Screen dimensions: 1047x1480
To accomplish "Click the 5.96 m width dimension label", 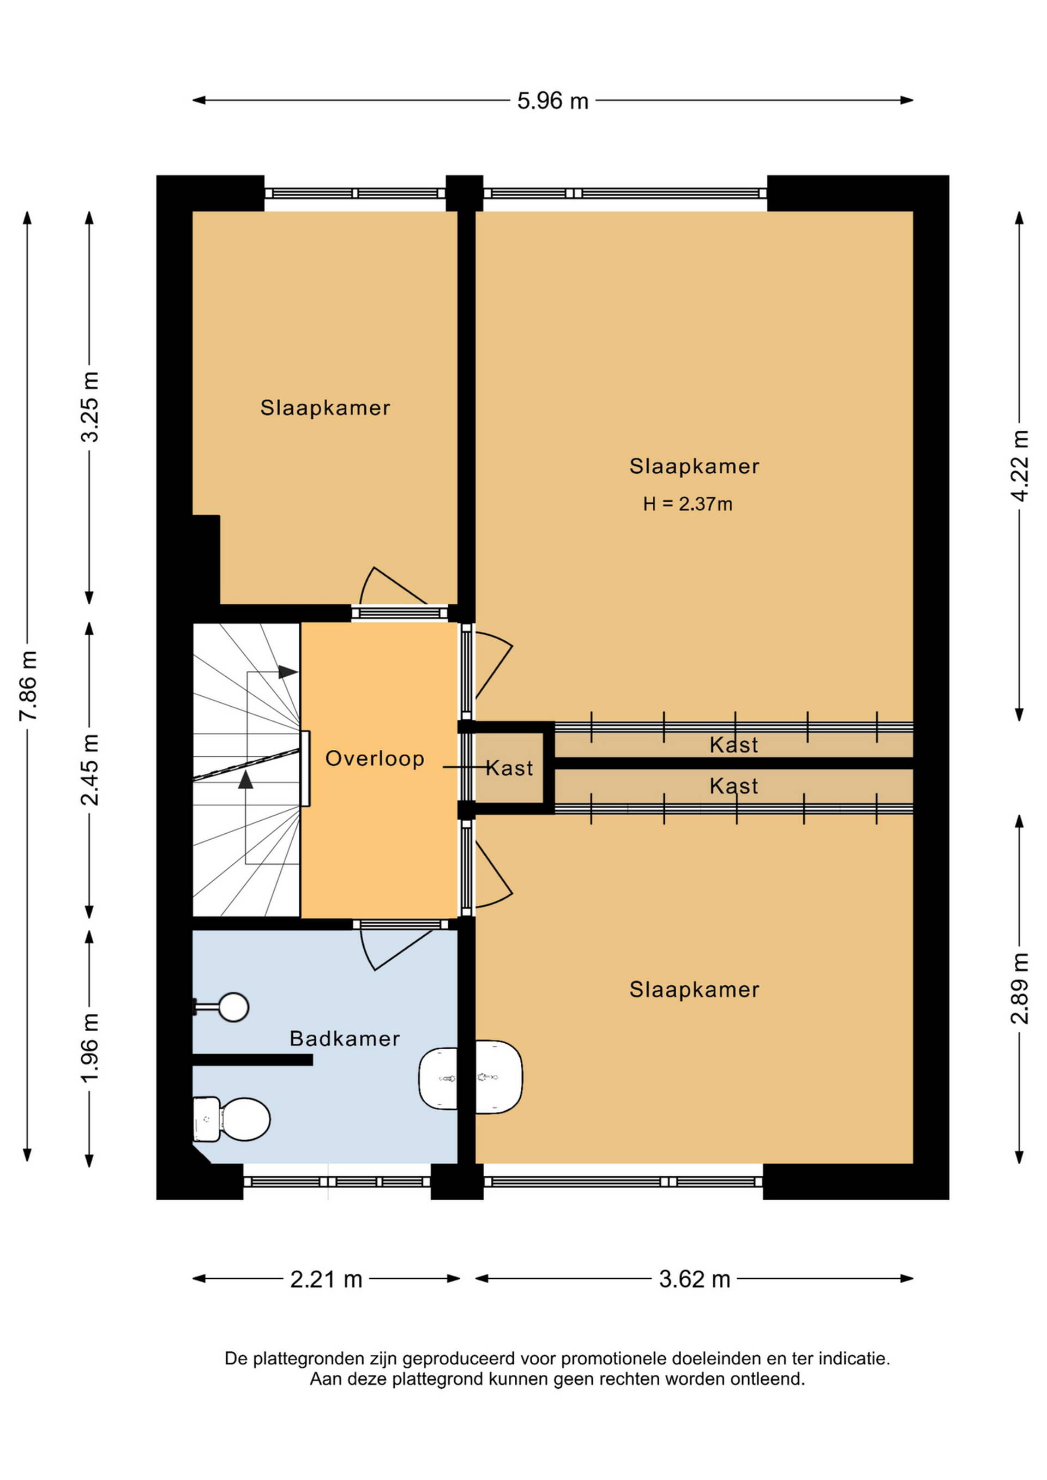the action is tap(552, 101).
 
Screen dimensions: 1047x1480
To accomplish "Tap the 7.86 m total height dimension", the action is tap(29, 686).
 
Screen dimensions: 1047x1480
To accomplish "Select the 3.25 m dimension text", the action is tap(91, 407).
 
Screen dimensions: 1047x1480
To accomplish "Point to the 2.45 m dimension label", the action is tap(91, 769).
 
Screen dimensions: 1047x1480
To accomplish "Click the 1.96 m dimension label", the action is tap(91, 1048).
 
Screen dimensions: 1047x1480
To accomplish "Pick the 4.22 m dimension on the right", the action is tap(1019, 465).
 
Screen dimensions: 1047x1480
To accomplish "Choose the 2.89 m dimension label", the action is tap(1019, 988).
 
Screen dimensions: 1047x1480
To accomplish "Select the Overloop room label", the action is tap(375, 759).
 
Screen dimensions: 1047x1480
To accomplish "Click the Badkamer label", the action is tap(345, 1038).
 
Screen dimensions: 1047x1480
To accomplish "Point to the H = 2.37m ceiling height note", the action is tap(687, 504).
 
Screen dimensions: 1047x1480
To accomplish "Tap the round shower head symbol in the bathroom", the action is tap(233, 1007).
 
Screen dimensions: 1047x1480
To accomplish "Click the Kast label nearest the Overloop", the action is tap(509, 768).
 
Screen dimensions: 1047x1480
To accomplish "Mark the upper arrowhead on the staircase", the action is tap(287, 672).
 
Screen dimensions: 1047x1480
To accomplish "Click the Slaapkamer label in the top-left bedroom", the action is tap(325, 408).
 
